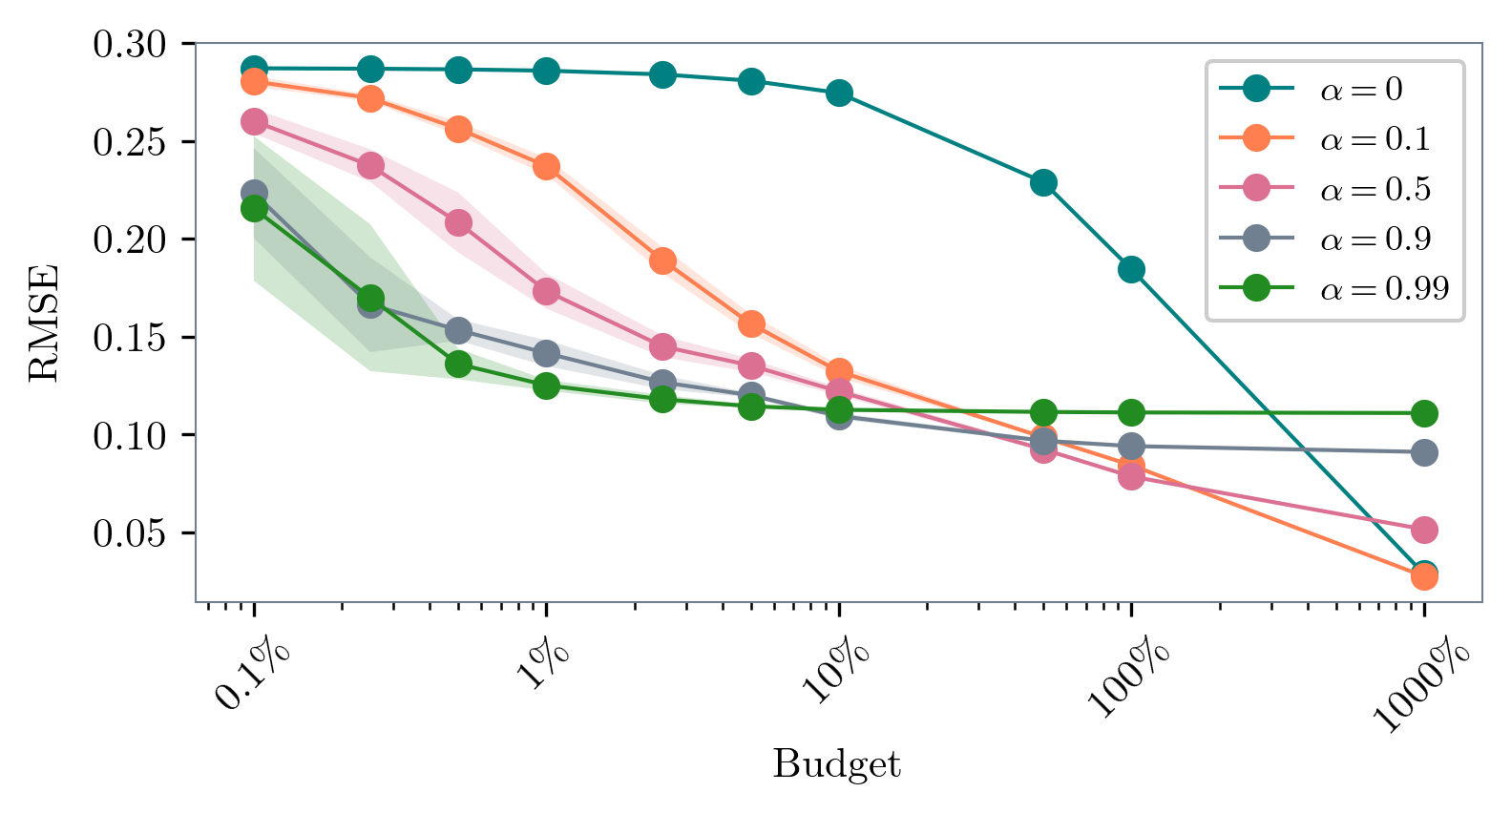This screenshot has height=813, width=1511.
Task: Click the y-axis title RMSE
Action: [44, 323]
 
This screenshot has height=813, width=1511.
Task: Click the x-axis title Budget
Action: [836, 764]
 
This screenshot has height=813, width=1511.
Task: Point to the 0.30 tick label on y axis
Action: [130, 44]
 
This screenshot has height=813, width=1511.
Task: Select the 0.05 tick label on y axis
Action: [130, 533]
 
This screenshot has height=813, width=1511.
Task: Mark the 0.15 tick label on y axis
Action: [130, 338]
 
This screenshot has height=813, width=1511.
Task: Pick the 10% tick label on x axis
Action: [838, 672]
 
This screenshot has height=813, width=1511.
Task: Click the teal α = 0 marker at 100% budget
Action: [1131, 270]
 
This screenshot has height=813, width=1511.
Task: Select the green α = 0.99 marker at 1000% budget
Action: [1424, 413]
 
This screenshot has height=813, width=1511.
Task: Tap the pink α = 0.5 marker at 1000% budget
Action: [1424, 530]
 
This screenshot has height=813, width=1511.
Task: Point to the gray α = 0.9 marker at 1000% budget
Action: [1424, 452]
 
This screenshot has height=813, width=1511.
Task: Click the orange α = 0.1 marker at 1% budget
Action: [546, 167]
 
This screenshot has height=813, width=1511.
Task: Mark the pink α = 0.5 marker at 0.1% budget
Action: [254, 121]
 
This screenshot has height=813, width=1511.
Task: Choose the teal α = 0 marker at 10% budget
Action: [839, 93]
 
